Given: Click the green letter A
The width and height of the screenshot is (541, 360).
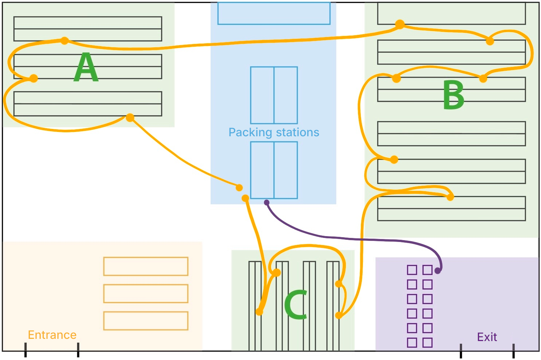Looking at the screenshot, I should (x=86, y=67).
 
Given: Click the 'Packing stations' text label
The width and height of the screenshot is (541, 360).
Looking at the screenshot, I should (x=274, y=132).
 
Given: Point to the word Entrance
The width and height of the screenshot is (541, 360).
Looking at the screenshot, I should (x=52, y=335).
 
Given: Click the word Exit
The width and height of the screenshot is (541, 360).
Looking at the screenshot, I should (x=487, y=337).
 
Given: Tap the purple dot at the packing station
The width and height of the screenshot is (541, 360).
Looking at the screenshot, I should (x=267, y=203).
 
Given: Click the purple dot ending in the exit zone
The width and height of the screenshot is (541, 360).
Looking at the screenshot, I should (x=438, y=271).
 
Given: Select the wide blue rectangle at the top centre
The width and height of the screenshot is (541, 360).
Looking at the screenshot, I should (x=274, y=13).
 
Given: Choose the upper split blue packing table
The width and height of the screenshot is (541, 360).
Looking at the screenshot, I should (x=274, y=95).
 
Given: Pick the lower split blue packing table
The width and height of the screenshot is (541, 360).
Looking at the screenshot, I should (x=274, y=170).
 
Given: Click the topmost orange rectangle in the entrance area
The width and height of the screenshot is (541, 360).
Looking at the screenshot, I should (x=146, y=266).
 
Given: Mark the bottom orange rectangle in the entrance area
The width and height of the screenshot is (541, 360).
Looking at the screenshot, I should (x=146, y=321).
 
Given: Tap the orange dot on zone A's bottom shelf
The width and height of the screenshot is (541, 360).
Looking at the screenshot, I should (x=130, y=118).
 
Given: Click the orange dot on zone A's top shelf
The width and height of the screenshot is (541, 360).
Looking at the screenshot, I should (x=64, y=40).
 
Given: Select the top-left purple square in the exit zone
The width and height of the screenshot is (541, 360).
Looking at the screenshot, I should (x=412, y=270).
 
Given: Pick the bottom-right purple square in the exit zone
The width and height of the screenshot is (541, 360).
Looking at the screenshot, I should (x=427, y=343).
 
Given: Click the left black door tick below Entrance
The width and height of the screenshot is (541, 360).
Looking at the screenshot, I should (x=26, y=350).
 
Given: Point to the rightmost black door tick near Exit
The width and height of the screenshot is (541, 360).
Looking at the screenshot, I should (x=513, y=351).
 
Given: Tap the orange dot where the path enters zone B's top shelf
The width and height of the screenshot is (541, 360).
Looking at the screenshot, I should (x=400, y=24).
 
